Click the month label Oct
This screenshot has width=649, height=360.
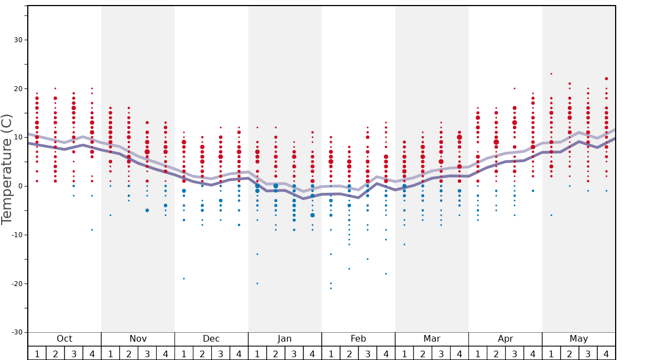64,339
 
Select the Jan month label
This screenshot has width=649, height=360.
284,339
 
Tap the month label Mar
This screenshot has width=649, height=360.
432,339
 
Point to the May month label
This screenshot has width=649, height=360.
578,339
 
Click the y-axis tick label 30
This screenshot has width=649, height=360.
18,40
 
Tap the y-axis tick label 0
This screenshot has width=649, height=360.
20,186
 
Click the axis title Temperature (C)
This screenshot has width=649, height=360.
7,169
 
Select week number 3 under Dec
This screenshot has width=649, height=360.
221,353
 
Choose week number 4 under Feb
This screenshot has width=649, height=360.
386,353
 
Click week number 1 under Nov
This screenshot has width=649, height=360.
111,353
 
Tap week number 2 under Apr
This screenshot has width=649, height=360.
496,353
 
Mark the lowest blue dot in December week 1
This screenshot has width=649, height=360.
184,278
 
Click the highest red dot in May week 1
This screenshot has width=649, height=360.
551,74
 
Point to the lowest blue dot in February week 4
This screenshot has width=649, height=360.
386,273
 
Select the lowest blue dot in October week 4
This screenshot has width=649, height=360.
92,230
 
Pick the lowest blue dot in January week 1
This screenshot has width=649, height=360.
257,283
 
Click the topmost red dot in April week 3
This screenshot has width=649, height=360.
515,88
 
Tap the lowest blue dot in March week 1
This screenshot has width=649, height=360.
404,244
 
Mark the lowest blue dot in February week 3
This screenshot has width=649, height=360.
367,259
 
